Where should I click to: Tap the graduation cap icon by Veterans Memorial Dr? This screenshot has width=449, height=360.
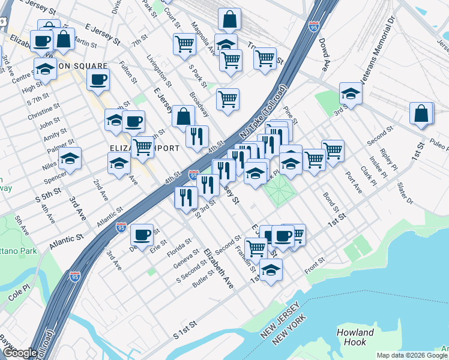351,93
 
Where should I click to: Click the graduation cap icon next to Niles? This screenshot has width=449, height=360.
70,160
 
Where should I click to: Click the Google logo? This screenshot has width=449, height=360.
20,353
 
